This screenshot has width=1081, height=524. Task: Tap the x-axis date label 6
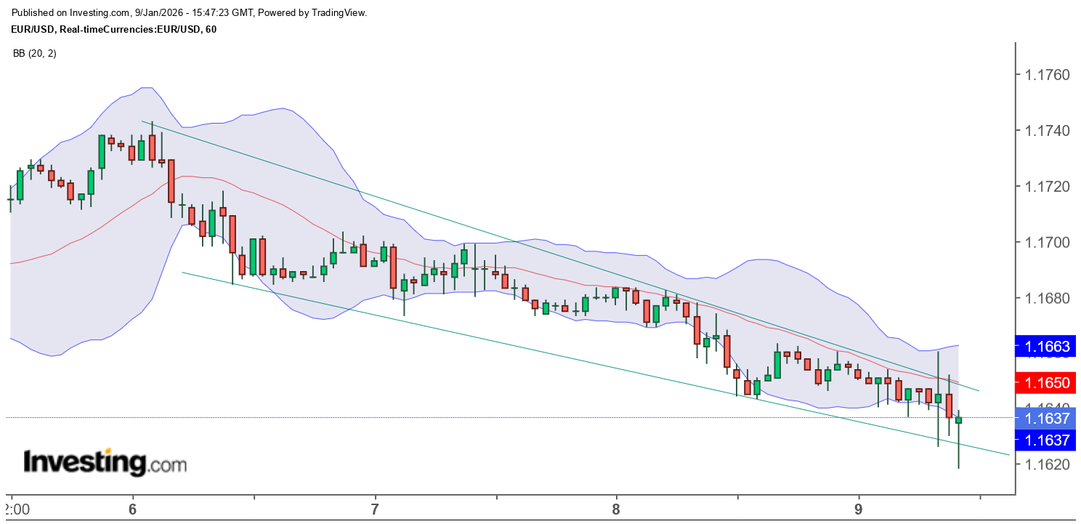coord(133,508)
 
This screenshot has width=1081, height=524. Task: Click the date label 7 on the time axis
coord(375,508)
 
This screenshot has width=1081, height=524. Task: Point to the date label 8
coord(616,508)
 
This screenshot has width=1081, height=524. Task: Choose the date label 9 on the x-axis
coord(859,508)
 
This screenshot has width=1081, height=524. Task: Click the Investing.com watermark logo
coord(105,462)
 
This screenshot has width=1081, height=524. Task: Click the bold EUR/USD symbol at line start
coord(35,29)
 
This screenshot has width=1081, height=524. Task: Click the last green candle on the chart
coord(958,420)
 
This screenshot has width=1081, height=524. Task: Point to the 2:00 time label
coord(15,508)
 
